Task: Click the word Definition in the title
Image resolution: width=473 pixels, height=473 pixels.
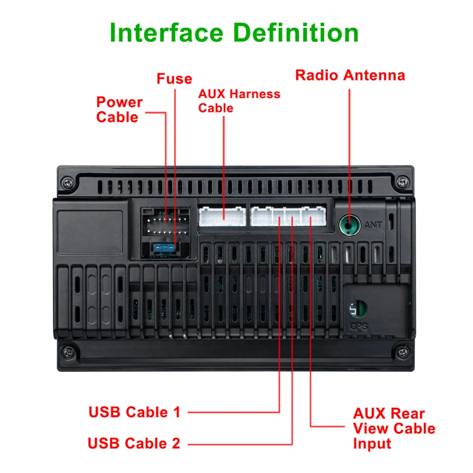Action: click(296, 33)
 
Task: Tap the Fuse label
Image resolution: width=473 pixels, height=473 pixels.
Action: click(174, 78)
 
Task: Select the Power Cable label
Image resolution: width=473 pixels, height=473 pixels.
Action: click(119, 110)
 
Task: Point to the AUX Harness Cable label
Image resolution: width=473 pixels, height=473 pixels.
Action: click(239, 101)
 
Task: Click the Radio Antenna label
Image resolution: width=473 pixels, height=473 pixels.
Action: click(350, 75)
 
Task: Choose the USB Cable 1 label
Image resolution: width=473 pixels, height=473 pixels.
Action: click(135, 412)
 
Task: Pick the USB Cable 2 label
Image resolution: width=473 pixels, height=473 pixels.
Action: click(134, 443)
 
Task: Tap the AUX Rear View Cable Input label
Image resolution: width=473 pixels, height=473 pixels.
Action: click(394, 428)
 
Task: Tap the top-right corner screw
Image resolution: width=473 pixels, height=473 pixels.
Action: click(402, 181)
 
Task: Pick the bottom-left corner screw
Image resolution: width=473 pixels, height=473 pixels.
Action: click(69, 352)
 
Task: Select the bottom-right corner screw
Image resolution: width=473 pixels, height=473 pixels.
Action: click(402, 352)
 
